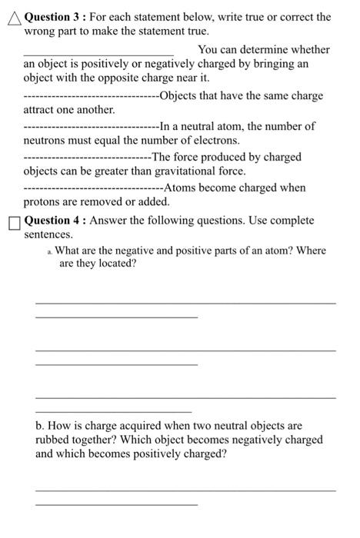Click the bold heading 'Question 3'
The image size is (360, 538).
point(52,16)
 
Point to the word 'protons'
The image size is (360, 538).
point(45,202)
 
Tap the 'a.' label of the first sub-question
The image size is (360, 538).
point(49,252)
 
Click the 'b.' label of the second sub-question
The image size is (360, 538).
point(41,425)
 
